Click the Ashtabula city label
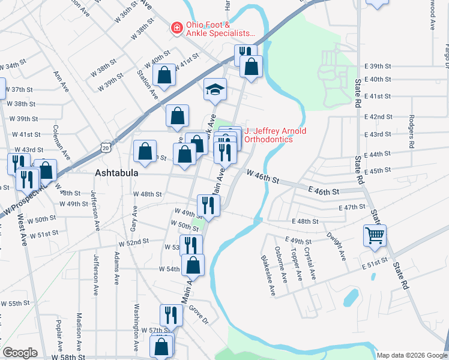117,173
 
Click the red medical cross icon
176,27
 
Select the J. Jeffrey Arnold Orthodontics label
267,135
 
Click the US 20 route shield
106,147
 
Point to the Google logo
20,353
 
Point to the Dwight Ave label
337,247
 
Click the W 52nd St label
134,242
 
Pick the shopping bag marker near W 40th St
164,75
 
